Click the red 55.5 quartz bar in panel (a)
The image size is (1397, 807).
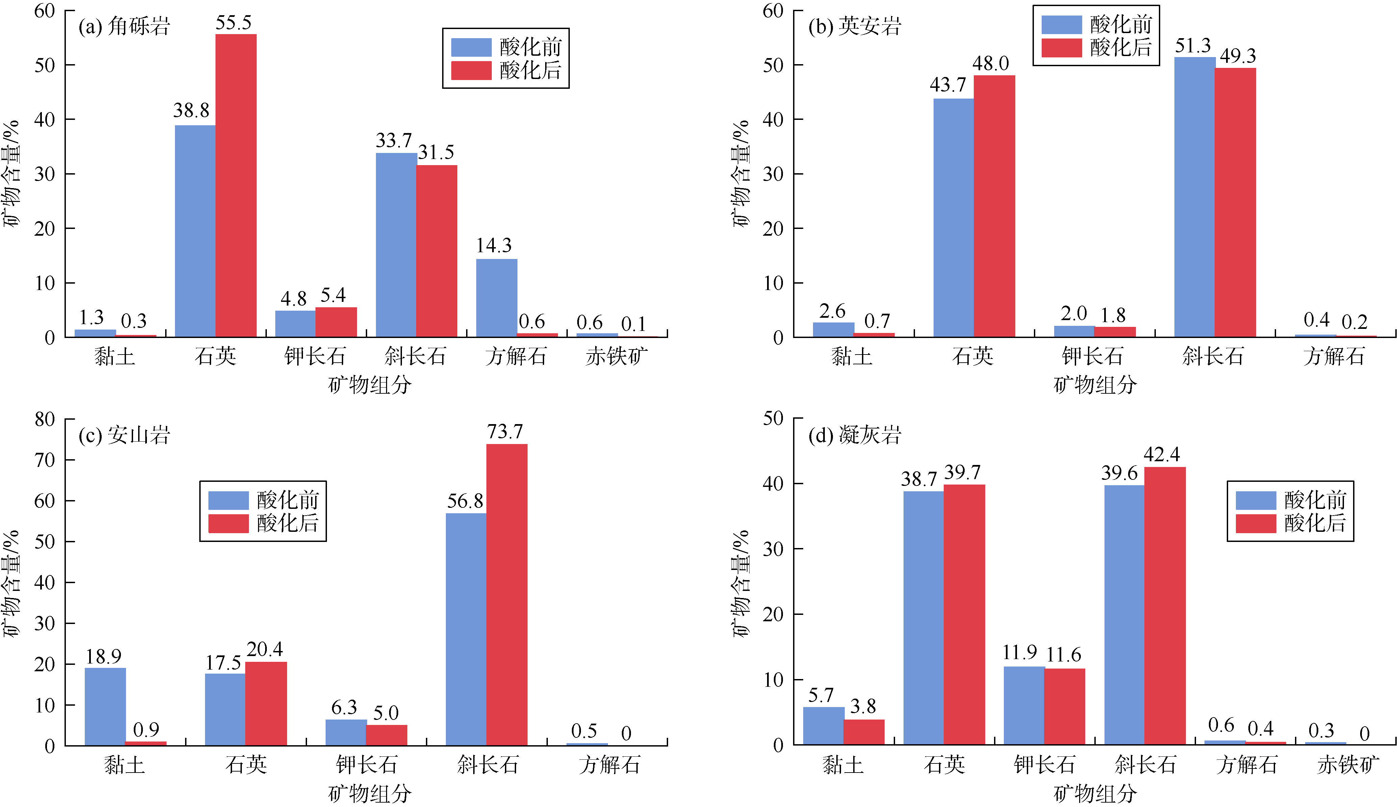(236, 186)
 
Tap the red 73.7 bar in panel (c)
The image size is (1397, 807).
(507, 595)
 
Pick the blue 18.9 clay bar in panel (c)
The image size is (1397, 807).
(105, 707)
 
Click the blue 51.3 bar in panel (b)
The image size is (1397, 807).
(1195, 197)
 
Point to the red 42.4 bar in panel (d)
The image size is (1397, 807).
(1165, 606)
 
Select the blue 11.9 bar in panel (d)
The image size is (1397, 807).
(1024, 706)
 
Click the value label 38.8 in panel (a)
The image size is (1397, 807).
(191, 111)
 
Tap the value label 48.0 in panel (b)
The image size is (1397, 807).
(991, 64)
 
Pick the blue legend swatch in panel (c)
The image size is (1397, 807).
(228, 500)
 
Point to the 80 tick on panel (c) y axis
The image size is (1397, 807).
(45, 419)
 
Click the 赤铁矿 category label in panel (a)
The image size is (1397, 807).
(616, 356)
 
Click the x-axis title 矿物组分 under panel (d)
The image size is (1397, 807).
(1095, 794)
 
